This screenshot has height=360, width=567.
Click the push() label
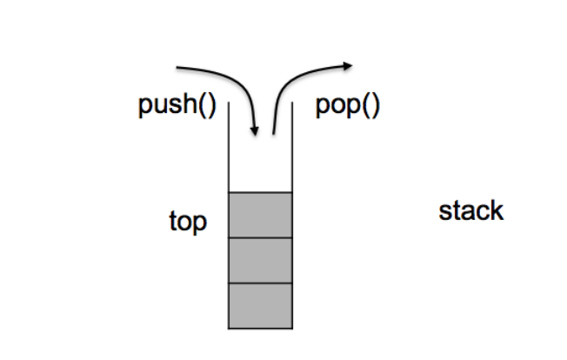coord(177,107)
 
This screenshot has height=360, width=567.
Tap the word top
coord(188,223)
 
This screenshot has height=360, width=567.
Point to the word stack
coord(471,210)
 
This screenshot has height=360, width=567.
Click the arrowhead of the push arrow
coord(255,132)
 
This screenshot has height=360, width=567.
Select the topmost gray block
coord(260,215)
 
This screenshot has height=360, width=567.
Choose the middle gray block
coord(260,260)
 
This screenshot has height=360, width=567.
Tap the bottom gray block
coord(260,305)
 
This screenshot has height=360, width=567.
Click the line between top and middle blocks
coord(260,237)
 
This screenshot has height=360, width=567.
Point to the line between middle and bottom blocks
coord(260,283)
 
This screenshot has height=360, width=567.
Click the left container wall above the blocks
coord(229,148)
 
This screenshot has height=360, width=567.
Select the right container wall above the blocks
coord(292,148)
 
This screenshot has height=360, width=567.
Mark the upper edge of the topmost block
coord(260,192)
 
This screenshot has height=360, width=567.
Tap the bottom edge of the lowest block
coord(260,328)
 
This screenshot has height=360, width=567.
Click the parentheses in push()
coord(206,107)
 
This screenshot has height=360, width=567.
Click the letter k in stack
coord(497,210)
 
